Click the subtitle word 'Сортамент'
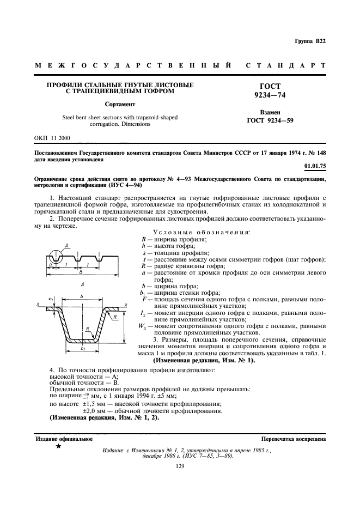tap(120, 104)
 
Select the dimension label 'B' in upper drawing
tap(81, 271)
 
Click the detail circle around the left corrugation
tap(56, 255)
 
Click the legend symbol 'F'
tap(143, 299)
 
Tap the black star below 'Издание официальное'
tap(58, 447)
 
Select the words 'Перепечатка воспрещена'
tap(293, 439)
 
